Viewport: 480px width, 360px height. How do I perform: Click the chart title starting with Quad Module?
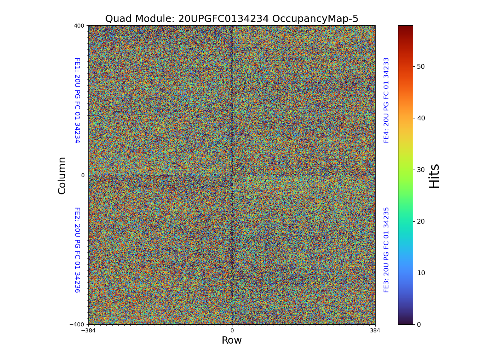(x=232, y=19)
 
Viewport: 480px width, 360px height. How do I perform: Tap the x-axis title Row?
(x=232, y=340)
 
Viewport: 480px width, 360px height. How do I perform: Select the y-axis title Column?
(x=62, y=175)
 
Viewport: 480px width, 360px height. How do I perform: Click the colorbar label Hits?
(x=434, y=176)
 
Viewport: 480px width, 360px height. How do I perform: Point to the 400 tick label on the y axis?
(x=79, y=26)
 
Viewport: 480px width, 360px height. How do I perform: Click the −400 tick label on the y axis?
(x=77, y=324)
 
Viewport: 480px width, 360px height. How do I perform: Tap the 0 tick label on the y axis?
(x=83, y=175)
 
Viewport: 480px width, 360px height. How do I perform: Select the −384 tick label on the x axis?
(x=88, y=331)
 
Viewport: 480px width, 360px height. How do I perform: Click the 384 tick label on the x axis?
(x=375, y=331)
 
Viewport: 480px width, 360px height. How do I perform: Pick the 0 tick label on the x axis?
(x=232, y=331)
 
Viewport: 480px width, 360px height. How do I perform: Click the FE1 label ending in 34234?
(x=77, y=100)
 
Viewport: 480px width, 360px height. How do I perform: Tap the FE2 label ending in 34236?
(x=77, y=250)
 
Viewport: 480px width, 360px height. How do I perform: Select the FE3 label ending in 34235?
(x=386, y=250)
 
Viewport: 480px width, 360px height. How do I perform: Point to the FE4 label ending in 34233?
(x=386, y=100)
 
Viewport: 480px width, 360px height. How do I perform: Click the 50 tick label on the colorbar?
(x=421, y=66)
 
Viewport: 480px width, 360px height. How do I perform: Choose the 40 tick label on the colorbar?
(x=421, y=118)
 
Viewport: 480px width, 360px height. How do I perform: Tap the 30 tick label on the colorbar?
(x=421, y=170)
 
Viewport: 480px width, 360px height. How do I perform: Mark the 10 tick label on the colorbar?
(x=421, y=273)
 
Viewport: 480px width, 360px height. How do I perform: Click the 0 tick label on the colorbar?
(x=419, y=324)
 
